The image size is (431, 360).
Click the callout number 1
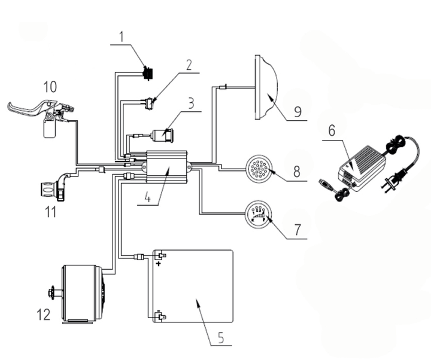121,38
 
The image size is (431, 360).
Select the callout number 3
191,102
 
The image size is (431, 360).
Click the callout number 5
220,337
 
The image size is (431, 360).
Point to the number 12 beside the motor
44,313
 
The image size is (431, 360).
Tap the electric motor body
82,294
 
